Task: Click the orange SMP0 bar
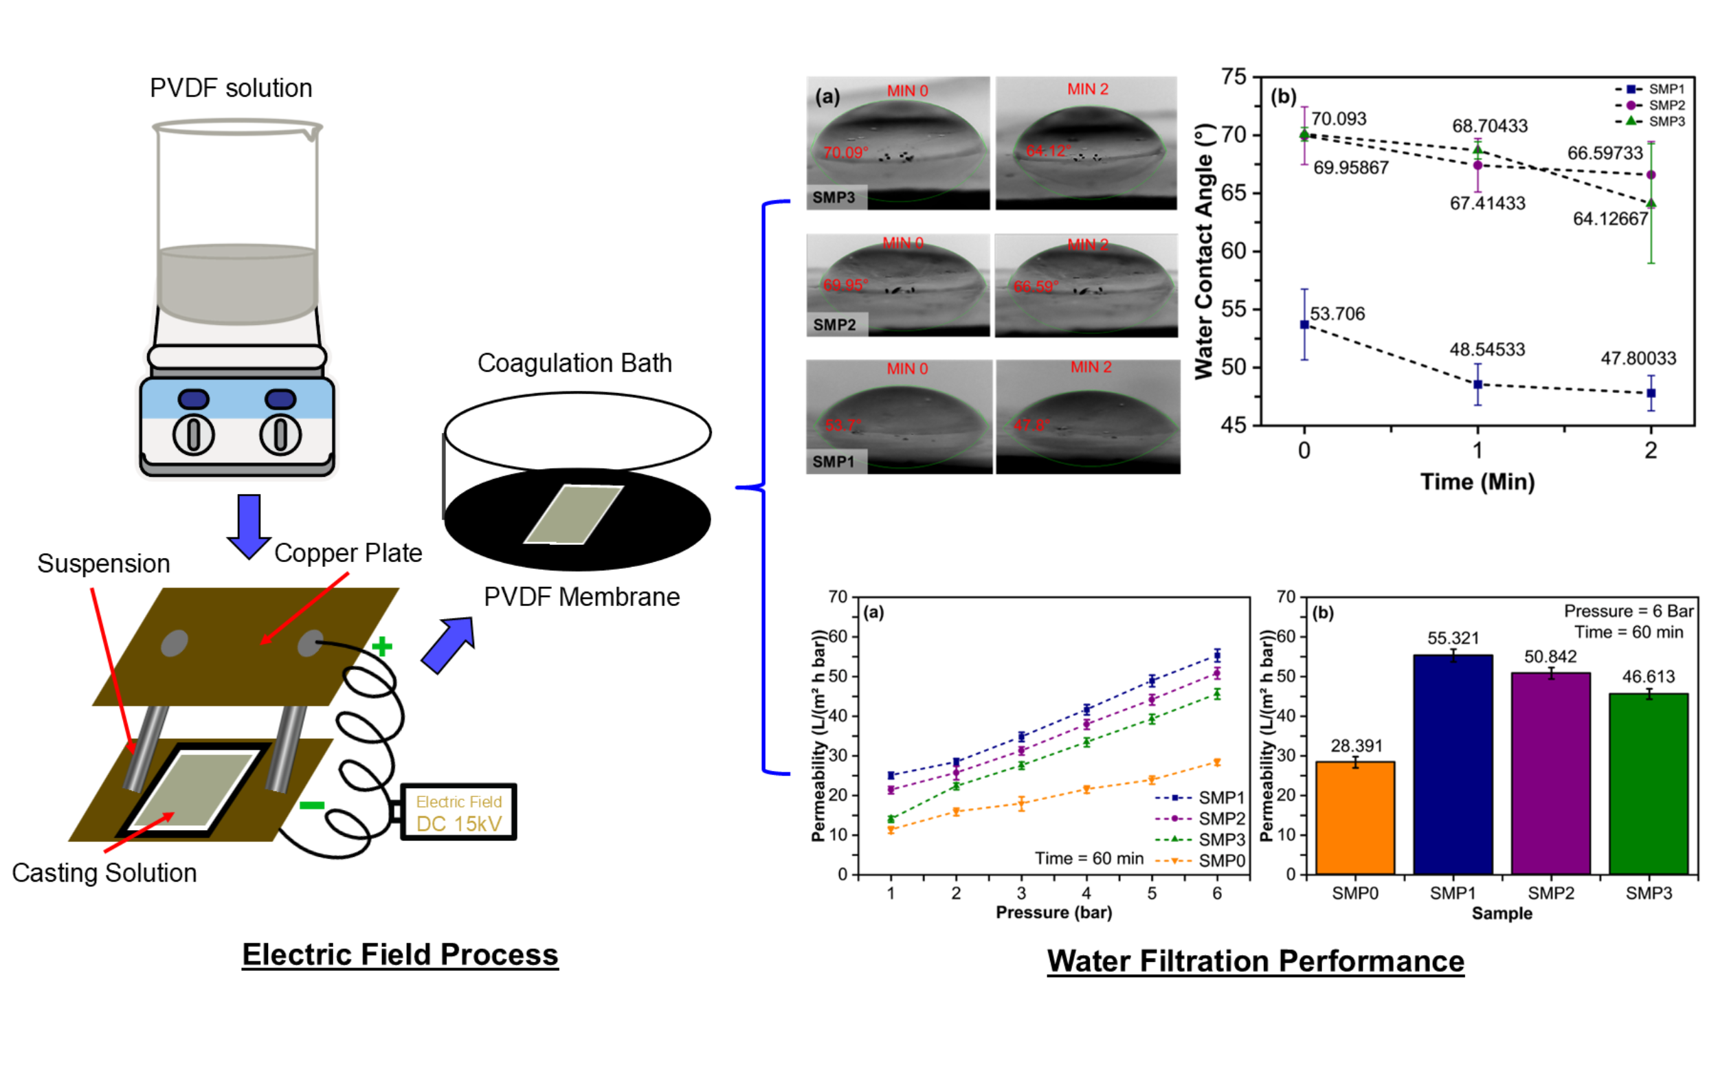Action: click(x=1354, y=817)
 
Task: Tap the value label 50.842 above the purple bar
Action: click(x=1550, y=656)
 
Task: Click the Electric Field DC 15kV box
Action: click(x=458, y=813)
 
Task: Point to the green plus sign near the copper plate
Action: click(x=382, y=647)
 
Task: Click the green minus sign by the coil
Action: click(x=312, y=805)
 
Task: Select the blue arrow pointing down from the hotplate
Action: click(x=249, y=526)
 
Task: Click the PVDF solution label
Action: click(x=231, y=88)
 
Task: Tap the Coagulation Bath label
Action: click(x=574, y=363)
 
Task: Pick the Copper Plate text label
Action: click(x=348, y=552)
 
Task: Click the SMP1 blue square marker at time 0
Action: click(x=1304, y=324)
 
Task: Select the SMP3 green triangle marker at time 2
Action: click(x=1651, y=203)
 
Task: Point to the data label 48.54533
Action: click(x=1487, y=350)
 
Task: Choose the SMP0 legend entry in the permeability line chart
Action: click(x=1201, y=861)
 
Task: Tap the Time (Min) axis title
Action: click(x=1477, y=482)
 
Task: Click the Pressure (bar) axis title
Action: click(x=1053, y=912)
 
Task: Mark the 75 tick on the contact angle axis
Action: click(x=1233, y=77)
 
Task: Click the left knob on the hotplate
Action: click(x=193, y=435)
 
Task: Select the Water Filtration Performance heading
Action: click(x=1255, y=961)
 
